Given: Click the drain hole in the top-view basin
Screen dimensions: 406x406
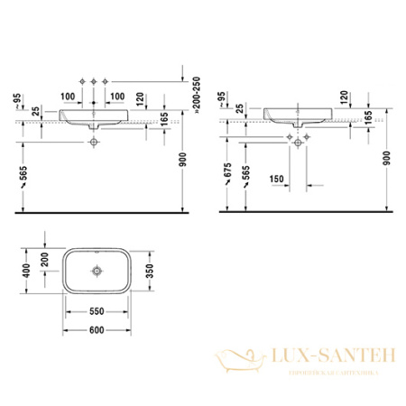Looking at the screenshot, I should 97,270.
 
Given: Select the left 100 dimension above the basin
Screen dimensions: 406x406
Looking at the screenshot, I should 67,95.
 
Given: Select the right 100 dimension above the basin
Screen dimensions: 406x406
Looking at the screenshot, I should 116,95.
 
